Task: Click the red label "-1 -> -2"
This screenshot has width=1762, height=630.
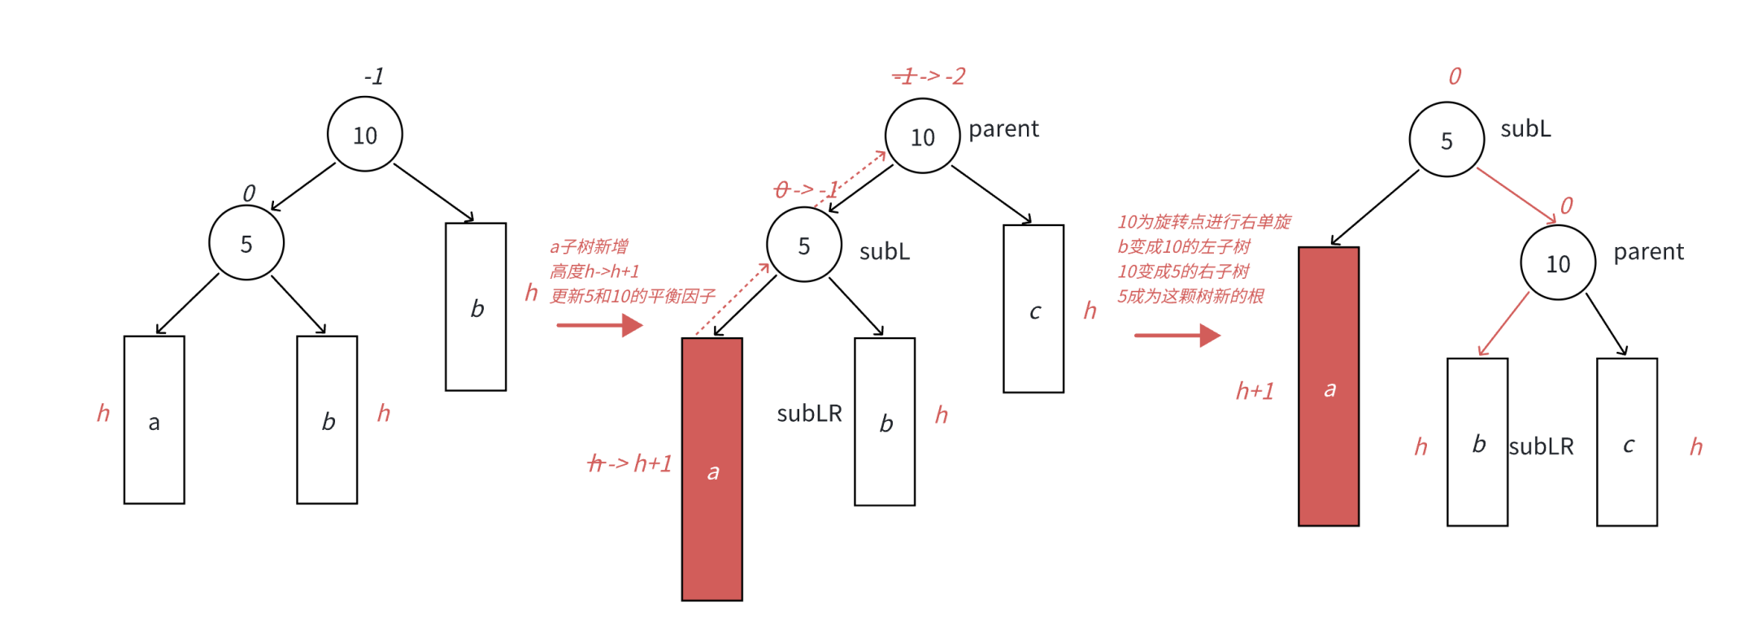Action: point(929,76)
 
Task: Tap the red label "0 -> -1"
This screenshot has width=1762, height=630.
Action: point(806,189)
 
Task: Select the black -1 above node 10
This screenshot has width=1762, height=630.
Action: point(374,76)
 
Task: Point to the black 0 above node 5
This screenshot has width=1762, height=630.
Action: point(249,193)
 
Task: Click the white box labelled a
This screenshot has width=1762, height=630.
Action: point(154,419)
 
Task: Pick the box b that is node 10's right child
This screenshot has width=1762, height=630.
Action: point(476,306)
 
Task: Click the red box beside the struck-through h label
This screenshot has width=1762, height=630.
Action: point(711,469)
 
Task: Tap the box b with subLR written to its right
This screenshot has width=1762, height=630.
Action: point(1477,441)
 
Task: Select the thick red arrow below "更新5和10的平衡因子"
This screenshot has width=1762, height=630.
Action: point(599,325)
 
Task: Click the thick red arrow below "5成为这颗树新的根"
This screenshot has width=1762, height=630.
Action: point(1177,334)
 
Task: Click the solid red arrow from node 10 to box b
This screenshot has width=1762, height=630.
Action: point(1503,324)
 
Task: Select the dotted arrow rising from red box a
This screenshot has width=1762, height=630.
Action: point(732,299)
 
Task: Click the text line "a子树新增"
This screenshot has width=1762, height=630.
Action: point(589,246)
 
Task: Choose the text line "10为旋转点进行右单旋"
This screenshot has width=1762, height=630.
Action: point(1203,221)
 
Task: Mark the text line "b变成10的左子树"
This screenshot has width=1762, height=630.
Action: point(1183,246)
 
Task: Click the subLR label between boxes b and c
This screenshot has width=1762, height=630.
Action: point(1541,446)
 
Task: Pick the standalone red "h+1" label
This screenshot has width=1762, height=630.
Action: point(1255,391)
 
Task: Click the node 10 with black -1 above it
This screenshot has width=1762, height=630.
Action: point(364,134)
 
